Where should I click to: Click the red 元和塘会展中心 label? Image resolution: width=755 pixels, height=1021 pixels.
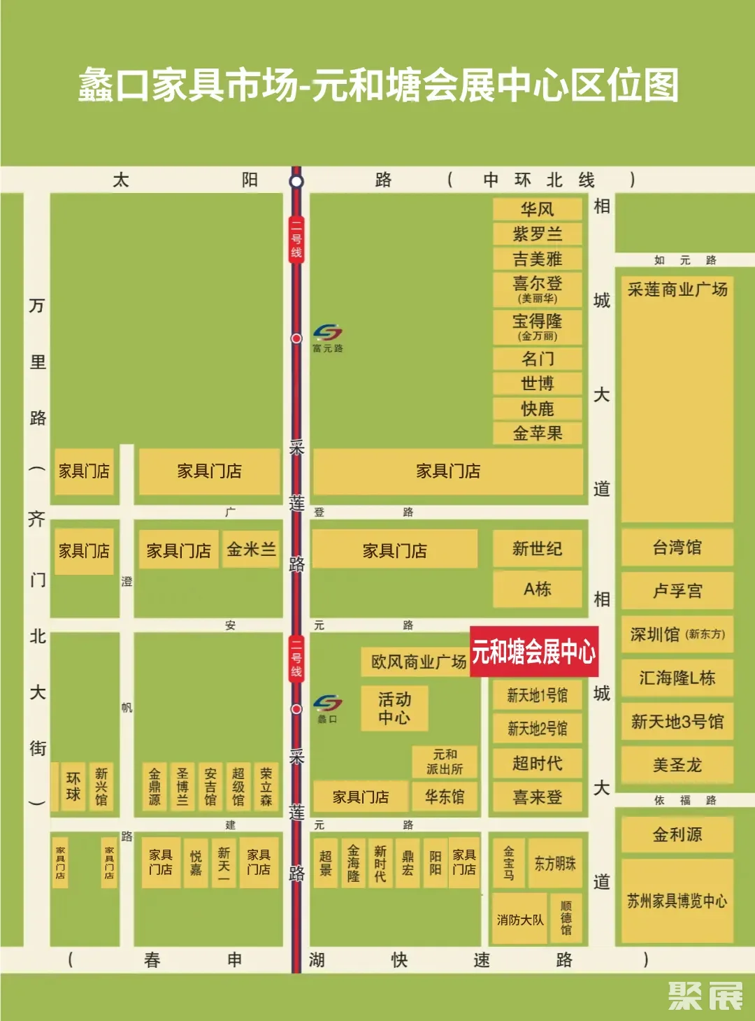[533, 652]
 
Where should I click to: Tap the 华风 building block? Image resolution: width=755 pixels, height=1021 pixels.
[537, 209]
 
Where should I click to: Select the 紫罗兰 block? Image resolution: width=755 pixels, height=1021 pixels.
[537, 234]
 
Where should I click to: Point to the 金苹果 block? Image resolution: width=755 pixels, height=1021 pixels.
[537, 434]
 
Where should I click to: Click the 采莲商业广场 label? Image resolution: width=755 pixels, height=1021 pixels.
[677, 290]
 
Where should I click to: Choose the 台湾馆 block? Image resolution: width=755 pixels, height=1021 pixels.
[677, 548]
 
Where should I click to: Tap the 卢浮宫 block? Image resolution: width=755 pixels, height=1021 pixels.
[677, 591]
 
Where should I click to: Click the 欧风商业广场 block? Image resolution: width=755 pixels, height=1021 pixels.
[418, 662]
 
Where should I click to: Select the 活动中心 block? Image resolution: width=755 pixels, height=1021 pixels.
[394, 708]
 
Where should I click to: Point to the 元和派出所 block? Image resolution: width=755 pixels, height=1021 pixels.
[445, 762]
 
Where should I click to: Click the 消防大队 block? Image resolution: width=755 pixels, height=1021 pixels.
[519, 920]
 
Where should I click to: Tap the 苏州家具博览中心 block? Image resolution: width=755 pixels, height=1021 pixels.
[677, 901]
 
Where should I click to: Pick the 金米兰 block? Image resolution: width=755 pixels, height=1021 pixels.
[251, 550]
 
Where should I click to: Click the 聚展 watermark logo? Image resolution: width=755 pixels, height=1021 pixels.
[705, 996]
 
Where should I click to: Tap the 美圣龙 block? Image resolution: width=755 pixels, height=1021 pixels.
[677, 765]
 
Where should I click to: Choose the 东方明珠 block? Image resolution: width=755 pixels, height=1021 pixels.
[555, 864]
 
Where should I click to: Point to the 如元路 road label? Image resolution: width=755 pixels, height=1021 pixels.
[684, 260]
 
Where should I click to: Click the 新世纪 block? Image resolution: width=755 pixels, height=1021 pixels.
[537, 549]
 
